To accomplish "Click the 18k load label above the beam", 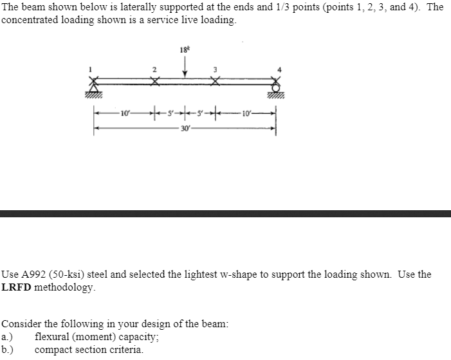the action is (x=186, y=49).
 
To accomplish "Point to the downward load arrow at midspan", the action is (x=185, y=67).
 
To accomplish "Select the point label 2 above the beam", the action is (x=153, y=69).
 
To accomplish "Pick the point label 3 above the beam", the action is (x=216, y=69).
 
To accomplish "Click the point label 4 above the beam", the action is (x=279, y=69).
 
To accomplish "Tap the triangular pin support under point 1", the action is (x=95, y=87).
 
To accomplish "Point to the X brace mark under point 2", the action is (x=154, y=81).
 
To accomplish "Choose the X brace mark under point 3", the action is (x=216, y=81).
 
